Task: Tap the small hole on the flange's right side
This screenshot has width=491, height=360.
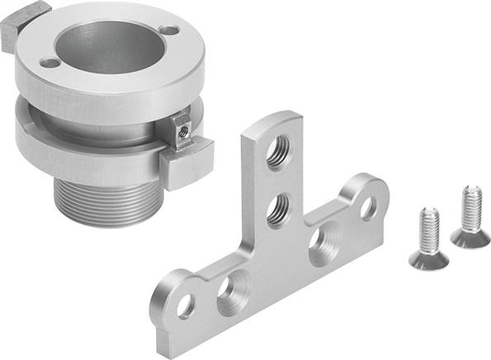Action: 168,31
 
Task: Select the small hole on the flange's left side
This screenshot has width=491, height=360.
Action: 50,63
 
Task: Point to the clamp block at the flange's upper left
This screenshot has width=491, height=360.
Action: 16,33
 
